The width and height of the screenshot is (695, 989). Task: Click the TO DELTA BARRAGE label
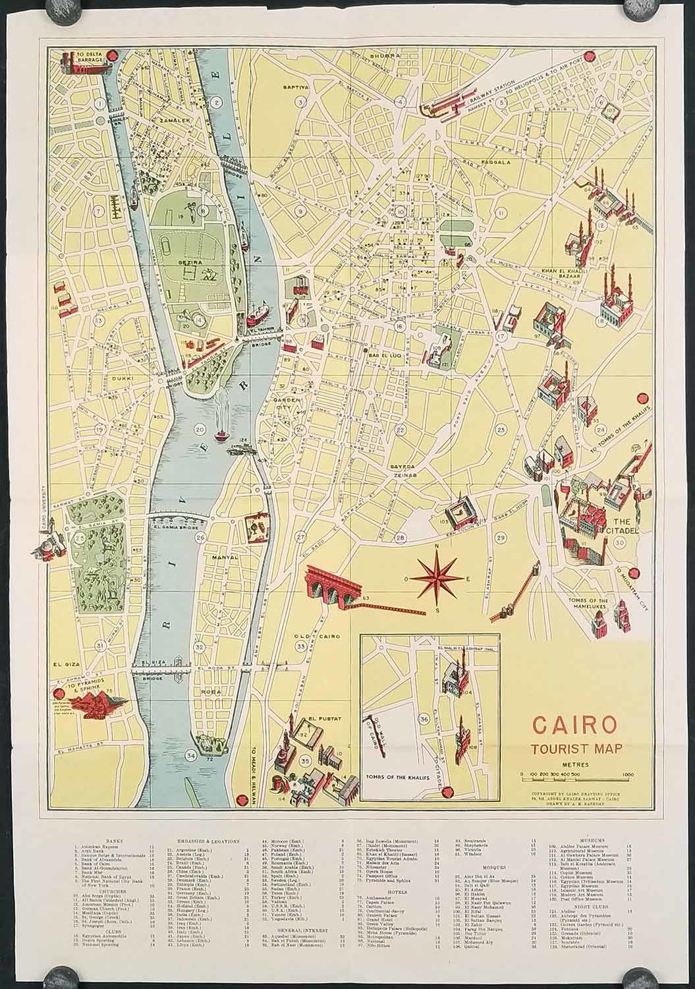90,59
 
